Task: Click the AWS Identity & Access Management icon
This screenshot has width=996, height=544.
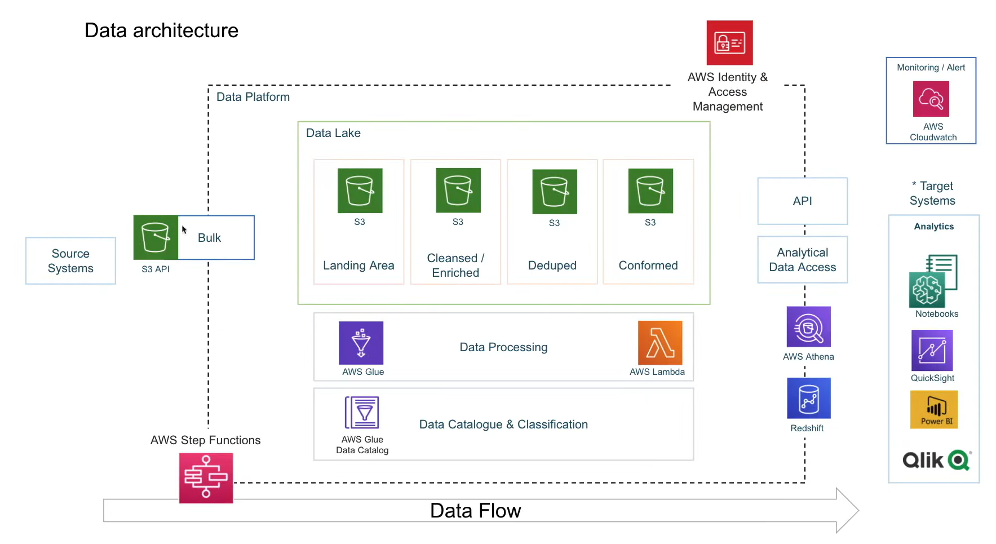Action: click(x=729, y=43)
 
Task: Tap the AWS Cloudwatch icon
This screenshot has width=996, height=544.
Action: click(x=931, y=99)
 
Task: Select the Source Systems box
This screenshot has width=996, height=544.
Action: click(x=70, y=260)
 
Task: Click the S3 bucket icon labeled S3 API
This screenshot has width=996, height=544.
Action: click(x=156, y=237)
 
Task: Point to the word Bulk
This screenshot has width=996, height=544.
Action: click(x=209, y=238)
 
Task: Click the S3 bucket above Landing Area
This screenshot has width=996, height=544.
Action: click(x=360, y=191)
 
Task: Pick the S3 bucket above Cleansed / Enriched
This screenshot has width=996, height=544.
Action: click(x=458, y=190)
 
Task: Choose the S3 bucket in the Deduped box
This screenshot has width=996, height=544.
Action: click(x=554, y=192)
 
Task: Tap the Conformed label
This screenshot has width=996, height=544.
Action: click(x=648, y=266)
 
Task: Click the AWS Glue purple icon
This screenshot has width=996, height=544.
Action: click(x=361, y=343)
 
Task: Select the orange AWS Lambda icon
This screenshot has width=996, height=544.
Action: click(x=659, y=343)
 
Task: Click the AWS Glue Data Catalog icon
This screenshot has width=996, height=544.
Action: click(x=362, y=413)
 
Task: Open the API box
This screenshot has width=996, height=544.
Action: click(x=802, y=201)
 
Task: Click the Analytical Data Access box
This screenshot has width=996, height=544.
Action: click(x=802, y=260)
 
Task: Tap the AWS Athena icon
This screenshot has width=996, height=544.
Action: click(x=808, y=327)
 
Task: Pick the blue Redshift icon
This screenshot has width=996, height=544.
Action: click(x=808, y=398)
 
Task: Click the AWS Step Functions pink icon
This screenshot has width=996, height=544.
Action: click(x=206, y=477)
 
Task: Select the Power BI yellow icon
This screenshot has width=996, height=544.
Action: click(x=933, y=410)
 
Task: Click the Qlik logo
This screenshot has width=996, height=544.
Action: click(x=936, y=460)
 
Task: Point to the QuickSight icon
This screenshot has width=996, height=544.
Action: click(x=932, y=350)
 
